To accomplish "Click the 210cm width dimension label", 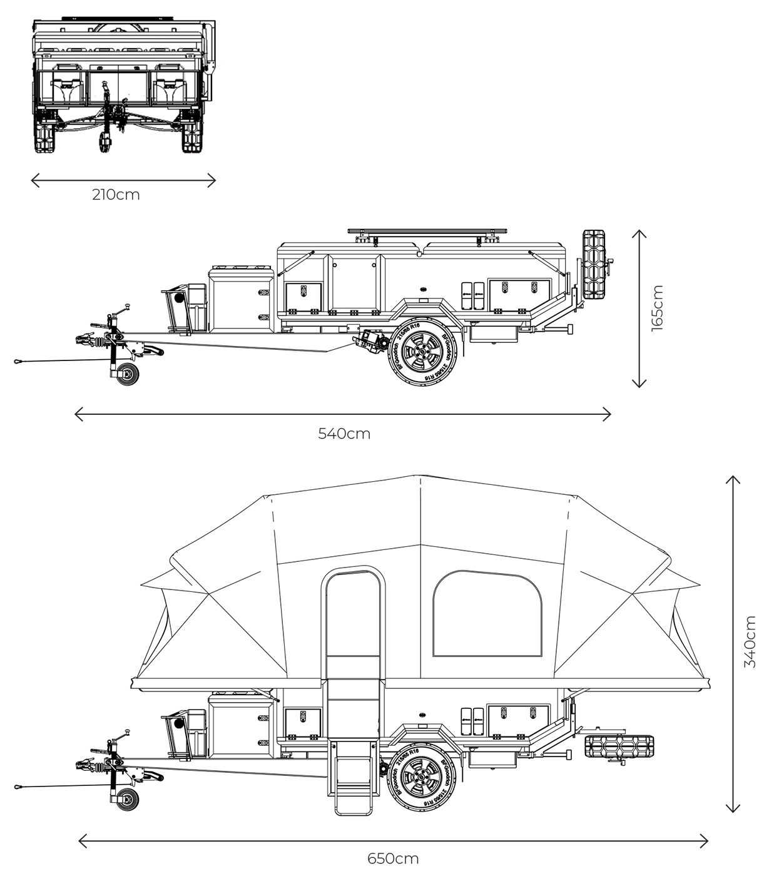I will click(x=116, y=195).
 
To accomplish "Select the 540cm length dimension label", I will click(x=344, y=433).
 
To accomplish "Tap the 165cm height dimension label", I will click(x=657, y=308).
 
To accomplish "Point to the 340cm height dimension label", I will click(x=750, y=642).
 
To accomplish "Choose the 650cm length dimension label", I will click(x=393, y=858).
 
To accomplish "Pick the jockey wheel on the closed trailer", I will click(x=128, y=375).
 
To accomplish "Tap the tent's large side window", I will click(x=487, y=614).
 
